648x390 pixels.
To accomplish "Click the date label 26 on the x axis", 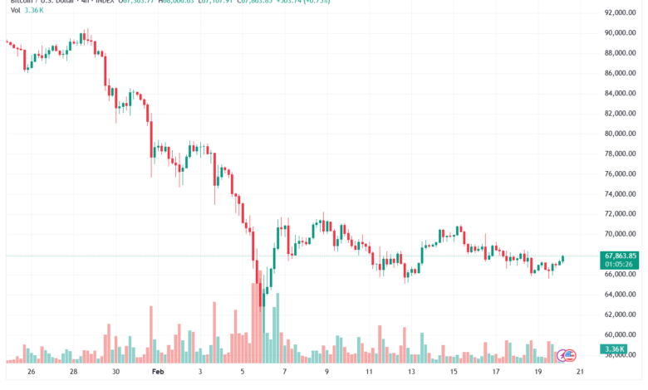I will tap(31, 373).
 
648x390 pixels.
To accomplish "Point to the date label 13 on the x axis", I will tap(410, 373).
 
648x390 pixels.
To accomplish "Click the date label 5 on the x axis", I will tap(242, 373).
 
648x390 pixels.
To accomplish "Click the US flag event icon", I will tap(570, 355).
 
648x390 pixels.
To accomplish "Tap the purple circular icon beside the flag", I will tap(562, 355).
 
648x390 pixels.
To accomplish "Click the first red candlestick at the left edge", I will tap(8, 42).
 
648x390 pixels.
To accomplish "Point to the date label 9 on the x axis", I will tap(326, 373).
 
